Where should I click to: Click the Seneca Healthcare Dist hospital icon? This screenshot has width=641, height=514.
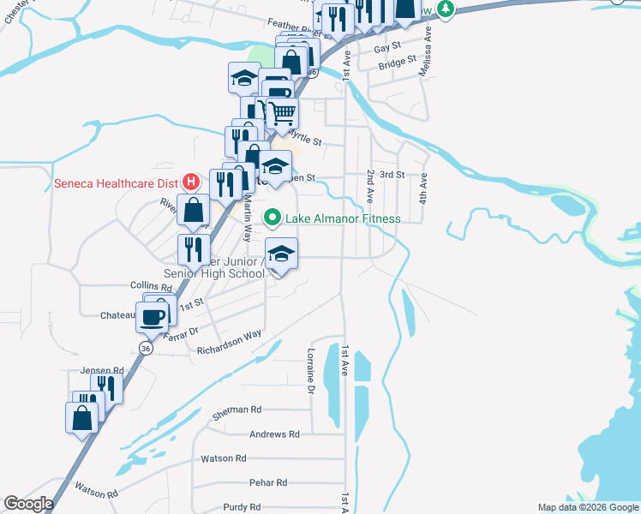[191, 182]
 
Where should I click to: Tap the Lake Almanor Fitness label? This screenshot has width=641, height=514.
[343, 218]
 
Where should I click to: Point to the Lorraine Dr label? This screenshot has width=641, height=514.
[311, 373]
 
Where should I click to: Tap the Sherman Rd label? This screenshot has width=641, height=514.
[236, 411]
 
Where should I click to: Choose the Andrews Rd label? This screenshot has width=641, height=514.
[274, 434]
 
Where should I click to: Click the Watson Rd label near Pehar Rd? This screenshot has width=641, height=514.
[224, 458]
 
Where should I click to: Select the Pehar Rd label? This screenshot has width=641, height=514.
[267, 483]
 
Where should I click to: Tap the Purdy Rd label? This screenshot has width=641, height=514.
[241, 507]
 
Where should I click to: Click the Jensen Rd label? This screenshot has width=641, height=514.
[102, 370]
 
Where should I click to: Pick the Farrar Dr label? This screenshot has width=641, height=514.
[181, 331]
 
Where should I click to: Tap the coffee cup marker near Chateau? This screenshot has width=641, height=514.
[154, 315]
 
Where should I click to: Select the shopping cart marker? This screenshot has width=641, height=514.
[281, 113]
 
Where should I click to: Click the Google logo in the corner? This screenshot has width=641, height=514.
[29, 504]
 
